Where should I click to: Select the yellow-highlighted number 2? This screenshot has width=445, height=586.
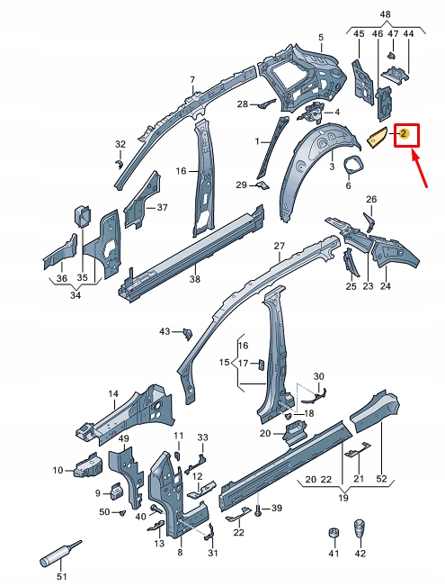[405, 135]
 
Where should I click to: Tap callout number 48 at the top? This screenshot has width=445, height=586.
[385, 14]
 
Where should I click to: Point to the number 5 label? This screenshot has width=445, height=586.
[320, 37]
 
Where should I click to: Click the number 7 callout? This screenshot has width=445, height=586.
[191, 80]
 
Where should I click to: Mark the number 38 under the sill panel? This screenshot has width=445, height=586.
[195, 279]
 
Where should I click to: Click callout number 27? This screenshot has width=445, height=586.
[279, 246]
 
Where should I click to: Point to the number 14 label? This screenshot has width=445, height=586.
[113, 393]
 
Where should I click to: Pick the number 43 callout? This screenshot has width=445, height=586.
[165, 332]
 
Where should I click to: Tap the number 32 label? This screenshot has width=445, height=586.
[120, 144]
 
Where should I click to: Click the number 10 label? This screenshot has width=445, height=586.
[58, 470]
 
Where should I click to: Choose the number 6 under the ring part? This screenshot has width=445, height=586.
[348, 186]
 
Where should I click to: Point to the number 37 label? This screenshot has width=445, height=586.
[162, 208]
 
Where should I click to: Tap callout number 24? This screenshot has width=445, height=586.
[386, 286]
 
